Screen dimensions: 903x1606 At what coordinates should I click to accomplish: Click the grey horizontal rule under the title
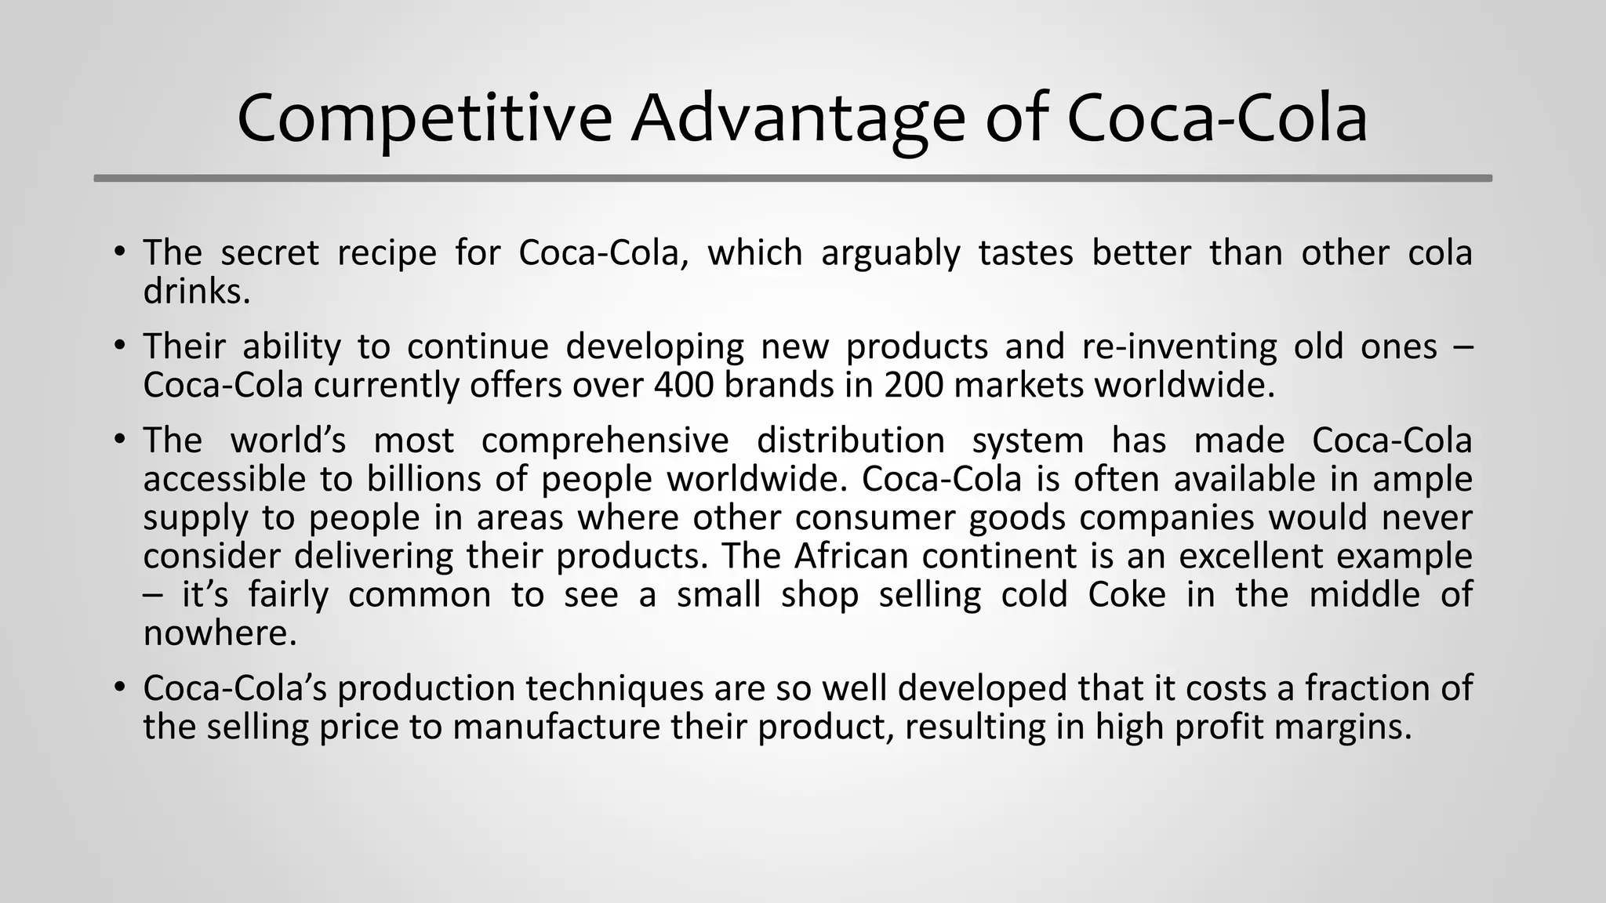tap(792, 179)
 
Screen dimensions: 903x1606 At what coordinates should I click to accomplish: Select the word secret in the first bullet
tap(269, 252)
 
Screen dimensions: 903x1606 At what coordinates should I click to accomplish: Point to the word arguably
tap(890, 252)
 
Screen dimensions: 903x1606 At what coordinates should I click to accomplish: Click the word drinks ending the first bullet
tap(196, 291)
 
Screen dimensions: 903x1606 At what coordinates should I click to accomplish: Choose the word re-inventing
tap(1179, 346)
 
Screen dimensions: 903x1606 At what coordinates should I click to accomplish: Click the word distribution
tap(850, 440)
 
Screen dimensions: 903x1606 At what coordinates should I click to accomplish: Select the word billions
tap(423, 479)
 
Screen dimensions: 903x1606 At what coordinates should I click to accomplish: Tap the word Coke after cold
tap(1127, 594)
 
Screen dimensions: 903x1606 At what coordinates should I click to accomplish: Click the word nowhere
tap(220, 633)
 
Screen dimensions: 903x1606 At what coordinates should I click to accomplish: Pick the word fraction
tap(1364, 687)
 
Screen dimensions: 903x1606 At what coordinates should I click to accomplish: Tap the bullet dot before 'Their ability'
tap(119, 346)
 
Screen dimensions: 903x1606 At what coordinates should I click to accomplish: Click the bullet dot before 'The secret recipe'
tap(119, 252)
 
